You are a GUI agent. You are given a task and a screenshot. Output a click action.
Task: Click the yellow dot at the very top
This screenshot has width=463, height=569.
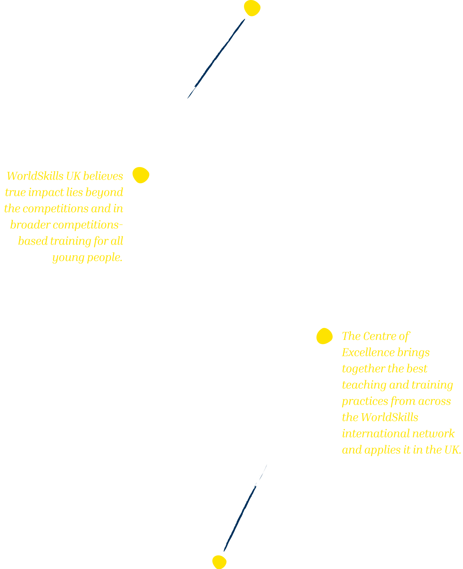[x=252, y=8]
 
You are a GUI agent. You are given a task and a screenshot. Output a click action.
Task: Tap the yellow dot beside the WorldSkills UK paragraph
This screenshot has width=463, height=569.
[x=141, y=175]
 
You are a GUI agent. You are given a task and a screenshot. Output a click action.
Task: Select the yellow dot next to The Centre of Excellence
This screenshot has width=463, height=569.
[x=324, y=336]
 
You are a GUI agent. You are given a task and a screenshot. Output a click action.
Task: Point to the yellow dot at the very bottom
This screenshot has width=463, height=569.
[x=219, y=562]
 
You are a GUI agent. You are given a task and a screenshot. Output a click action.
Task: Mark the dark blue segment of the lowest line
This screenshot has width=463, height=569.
[x=240, y=519]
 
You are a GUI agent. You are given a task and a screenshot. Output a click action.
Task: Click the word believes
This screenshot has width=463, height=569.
[x=103, y=176]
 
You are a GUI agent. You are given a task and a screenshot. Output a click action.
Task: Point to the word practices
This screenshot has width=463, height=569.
[x=365, y=401]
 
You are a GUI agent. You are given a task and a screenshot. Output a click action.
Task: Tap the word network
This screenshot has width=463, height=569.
[x=433, y=434]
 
